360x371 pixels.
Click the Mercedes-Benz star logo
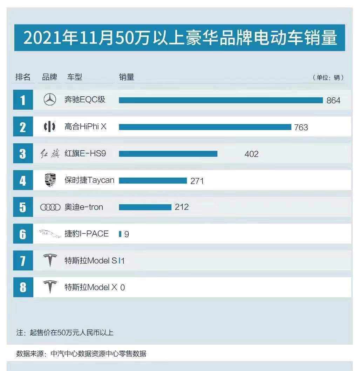point(50,100)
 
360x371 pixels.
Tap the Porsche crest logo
point(50,180)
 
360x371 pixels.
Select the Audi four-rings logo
point(50,207)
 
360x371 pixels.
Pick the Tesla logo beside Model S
point(50,260)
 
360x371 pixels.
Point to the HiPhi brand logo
point(49,126)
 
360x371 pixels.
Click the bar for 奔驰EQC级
point(220,100)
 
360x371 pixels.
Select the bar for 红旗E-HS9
point(168,153)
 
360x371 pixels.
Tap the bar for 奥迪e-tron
point(145,207)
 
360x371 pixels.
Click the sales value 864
point(333,101)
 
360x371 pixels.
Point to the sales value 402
point(251,154)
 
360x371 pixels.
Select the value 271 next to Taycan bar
point(197,181)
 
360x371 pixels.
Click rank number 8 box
point(23,287)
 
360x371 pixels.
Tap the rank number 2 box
point(23,127)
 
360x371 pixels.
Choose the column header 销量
point(126,77)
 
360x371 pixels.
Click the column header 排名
point(23,77)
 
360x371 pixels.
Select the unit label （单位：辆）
point(328,77)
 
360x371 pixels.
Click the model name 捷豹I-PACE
point(86,234)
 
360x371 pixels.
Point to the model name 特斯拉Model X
point(91,287)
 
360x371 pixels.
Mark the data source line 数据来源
point(81,353)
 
